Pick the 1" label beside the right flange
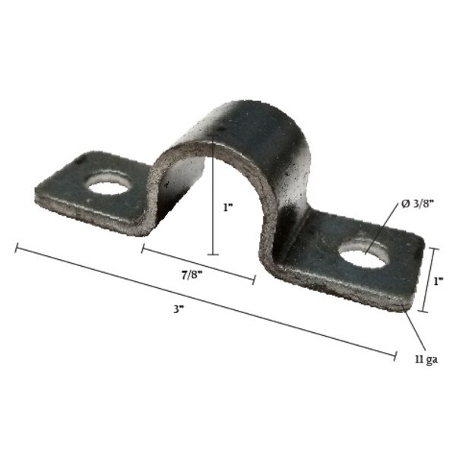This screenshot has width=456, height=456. (438, 280)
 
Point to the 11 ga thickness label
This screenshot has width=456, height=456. (426, 359)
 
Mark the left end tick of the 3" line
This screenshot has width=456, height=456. (16, 246)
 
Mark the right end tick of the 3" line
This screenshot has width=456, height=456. (395, 354)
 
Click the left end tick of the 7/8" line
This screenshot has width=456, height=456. (142, 248)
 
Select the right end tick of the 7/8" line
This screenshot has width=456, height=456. (254, 279)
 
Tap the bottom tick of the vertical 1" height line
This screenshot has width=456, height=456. (214, 254)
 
